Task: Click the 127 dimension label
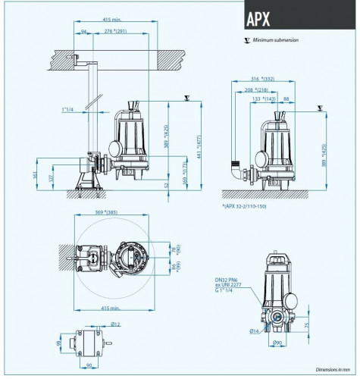point(52,178)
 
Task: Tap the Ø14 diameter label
point(253,331)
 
